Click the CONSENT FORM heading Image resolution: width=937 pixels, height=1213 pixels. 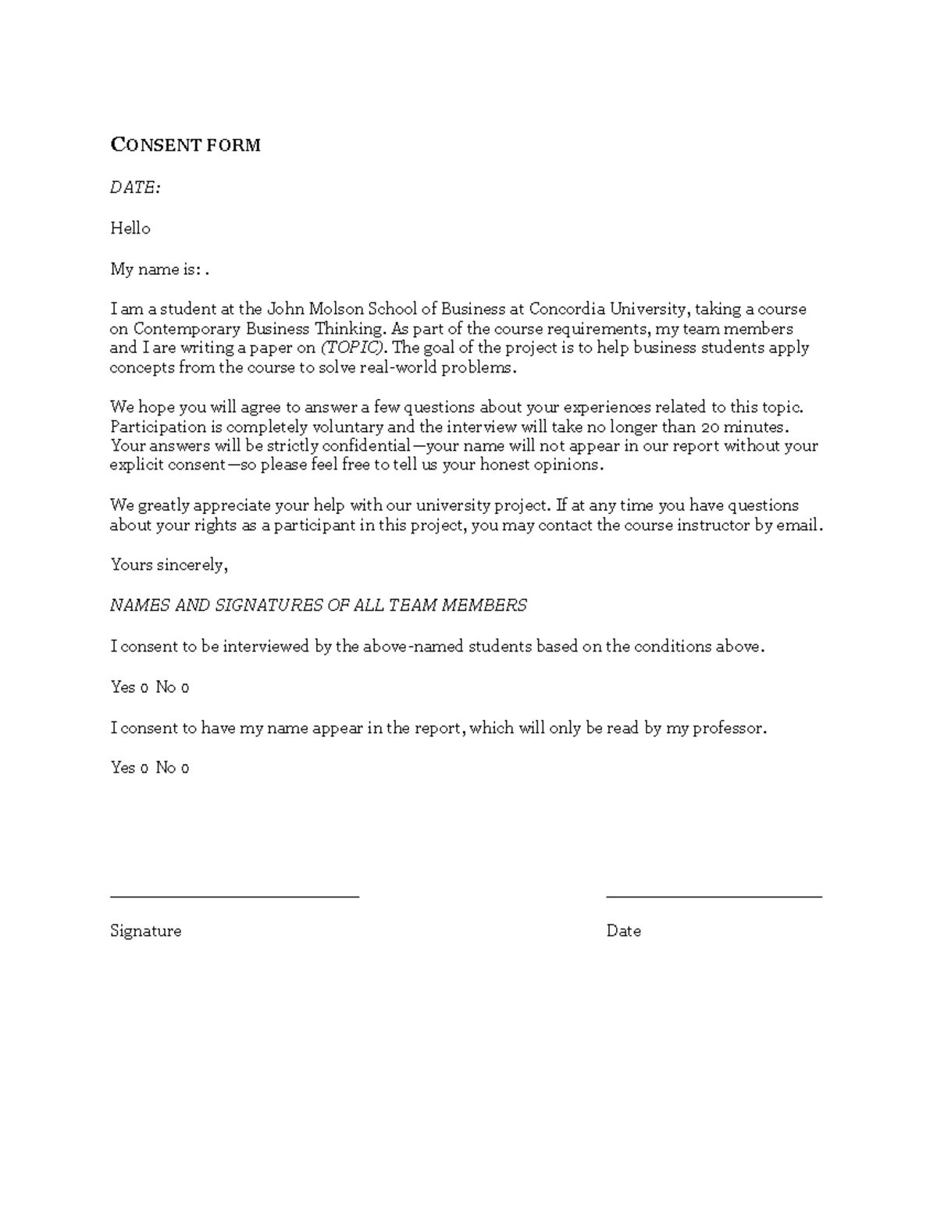click(185, 145)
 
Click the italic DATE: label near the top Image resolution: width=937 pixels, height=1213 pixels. click(135, 187)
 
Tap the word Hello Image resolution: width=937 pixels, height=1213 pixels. click(130, 228)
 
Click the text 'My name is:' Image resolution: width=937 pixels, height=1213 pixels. click(157, 269)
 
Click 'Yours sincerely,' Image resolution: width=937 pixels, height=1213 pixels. click(169, 565)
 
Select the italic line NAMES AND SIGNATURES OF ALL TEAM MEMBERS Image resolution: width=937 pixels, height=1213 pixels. click(318, 605)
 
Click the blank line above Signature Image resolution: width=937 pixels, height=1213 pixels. click(234, 897)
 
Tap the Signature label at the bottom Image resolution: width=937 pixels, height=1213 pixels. click(145, 931)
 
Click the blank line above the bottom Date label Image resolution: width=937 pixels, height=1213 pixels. click(714, 897)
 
